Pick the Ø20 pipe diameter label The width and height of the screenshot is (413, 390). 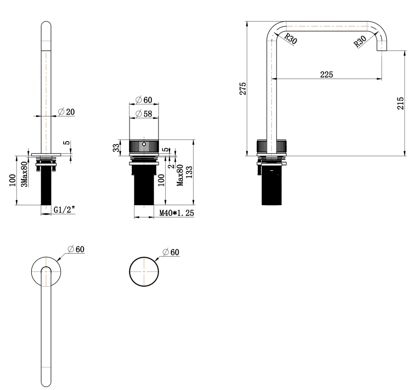pos(67,112)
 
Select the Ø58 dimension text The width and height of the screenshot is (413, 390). pos(144,114)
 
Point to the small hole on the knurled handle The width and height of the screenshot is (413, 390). pos(144,144)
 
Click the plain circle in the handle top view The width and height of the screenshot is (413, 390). pos(144,271)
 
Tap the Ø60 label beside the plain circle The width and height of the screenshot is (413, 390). pos(171,252)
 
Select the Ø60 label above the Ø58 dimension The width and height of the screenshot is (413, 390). pos(144,100)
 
